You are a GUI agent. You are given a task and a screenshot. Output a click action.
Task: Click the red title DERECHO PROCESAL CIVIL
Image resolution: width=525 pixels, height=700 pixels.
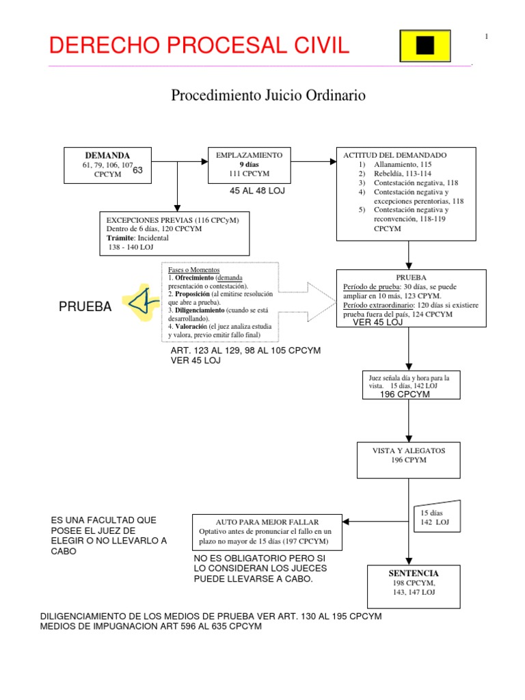coord(199,46)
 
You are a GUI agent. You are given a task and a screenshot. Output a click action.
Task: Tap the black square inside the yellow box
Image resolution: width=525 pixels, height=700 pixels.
coord(425,46)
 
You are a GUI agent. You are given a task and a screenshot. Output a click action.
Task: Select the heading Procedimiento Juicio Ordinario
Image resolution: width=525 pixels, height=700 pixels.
coord(267,96)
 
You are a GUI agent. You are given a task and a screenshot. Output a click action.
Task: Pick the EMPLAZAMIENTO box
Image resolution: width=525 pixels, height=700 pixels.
coord(250,165)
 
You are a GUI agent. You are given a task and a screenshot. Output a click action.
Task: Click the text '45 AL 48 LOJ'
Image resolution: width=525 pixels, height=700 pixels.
coord(257,191)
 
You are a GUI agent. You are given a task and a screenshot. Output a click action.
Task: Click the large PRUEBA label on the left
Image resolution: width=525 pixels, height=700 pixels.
coord(85,308)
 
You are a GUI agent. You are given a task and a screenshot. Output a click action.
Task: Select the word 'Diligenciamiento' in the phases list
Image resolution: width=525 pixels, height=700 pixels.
coord(201,310)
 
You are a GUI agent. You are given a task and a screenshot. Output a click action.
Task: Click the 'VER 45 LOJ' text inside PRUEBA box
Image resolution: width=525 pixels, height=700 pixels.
coord(377,323)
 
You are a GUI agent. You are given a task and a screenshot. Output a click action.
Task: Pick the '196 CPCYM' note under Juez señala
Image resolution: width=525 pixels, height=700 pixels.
coord(404,394)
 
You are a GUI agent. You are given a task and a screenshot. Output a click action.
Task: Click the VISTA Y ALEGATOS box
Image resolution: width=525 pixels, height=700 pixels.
coord(408,459)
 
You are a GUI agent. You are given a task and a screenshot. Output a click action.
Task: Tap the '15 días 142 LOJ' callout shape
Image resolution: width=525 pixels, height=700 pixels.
coord(435,517)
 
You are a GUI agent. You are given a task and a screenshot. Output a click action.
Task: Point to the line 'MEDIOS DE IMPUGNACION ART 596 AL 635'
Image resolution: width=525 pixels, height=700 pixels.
coord(152,627)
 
